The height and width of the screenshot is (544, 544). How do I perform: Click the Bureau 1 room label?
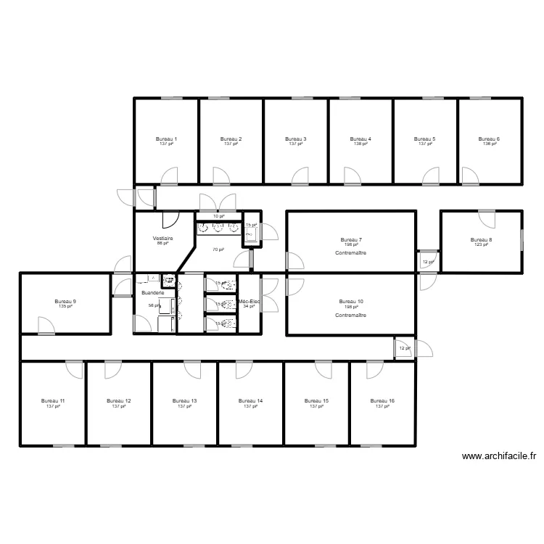point(167,139)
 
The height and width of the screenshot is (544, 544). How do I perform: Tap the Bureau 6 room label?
point(489,139)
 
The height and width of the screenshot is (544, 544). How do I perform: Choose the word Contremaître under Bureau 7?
point(351,252)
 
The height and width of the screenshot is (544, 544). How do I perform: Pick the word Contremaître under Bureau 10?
point(351,316)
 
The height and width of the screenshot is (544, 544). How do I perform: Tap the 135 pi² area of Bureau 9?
point(65,307)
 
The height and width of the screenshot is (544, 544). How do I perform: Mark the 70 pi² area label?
point(218,250)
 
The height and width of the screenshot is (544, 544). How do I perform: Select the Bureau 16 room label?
point(382,400)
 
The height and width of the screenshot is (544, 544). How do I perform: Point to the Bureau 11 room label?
point(53,400)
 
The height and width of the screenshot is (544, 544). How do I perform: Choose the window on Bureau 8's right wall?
point(522,241)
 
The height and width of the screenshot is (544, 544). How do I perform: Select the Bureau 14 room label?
point(250,400)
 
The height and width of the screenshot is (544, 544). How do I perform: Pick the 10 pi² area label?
point(218,216)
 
